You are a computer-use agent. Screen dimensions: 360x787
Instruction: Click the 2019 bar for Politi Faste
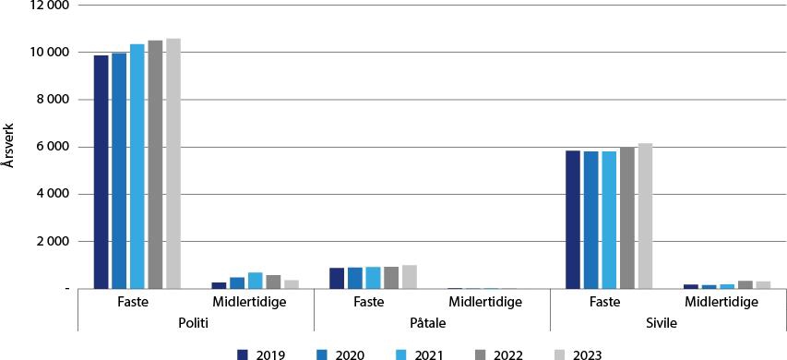tap(101, 172)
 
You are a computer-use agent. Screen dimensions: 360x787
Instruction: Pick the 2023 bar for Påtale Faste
tap(410, 277)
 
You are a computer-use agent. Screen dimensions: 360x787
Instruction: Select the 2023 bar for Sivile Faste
tap(645, 216)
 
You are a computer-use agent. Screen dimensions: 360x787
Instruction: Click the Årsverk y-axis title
tap(8, 147)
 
